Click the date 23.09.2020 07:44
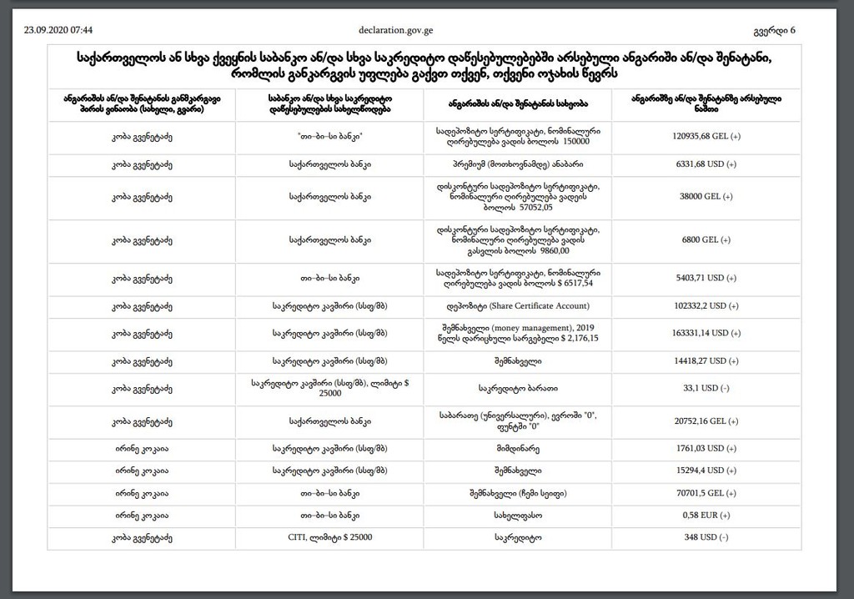pyautogui.click(x=58, y=30)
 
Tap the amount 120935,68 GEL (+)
pyautogui.click(x=706, y=138)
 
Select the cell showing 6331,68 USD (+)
pyautogui.click(x=706, y=165)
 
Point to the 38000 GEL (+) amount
pyautogui.click(x=706, y=196)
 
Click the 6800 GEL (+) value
pyautogui.click(x=706, y=239)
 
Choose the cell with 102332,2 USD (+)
pyautogui.click(x=706, y=305)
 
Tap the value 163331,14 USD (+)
pyautogui.click(x=706, y=332)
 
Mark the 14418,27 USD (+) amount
pyautogui.click(x=706, y=360)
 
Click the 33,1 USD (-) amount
pyautogui.click(x=706, y=388)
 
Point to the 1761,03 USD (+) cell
pyautogui.click(x=706, y=449)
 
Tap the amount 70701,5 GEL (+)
pyautogui.click(x=706, y=494)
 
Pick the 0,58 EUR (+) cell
pyautogui.click(x=706, y=516)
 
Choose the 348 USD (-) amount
pyautogui.click(x=706, y=538)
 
